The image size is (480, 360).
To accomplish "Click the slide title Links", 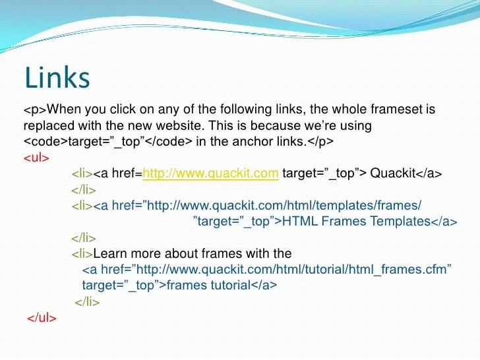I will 57,78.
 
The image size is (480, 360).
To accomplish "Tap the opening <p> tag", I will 35,109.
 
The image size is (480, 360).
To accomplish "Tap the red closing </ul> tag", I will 42,318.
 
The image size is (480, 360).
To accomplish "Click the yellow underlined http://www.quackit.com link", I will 211,174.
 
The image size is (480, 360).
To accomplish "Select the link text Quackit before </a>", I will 392,174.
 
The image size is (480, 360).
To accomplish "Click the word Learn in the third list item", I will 110,253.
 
